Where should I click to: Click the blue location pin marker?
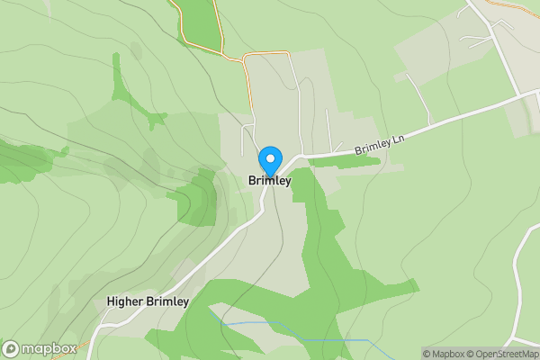point(269,161)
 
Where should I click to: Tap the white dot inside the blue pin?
point(269,157)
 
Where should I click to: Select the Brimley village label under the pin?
point(269,181)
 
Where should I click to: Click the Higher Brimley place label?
point(148,302)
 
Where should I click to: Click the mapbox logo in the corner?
point(39,348)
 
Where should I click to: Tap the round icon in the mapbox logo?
point(11,348)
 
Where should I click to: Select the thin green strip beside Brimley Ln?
point(360,162)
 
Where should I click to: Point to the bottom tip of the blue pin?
point(269,175)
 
